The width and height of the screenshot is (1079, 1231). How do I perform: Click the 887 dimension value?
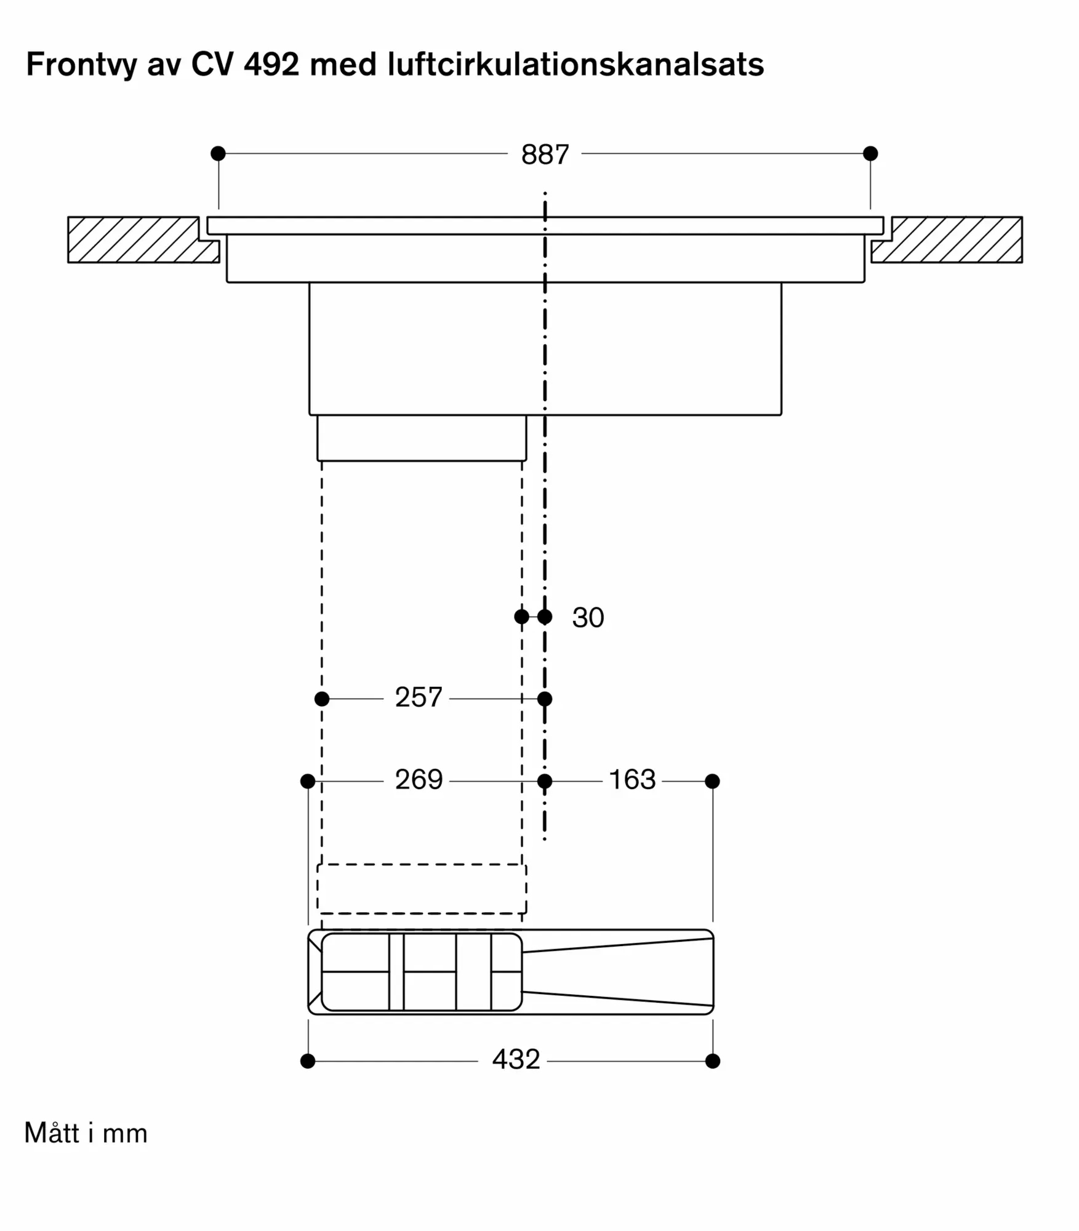click(545, 154)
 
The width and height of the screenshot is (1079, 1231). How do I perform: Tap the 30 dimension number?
click(588, 617)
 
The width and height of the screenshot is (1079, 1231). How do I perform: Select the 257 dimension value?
click(419, 697)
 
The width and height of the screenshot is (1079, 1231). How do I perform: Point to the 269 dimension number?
click(419, 780)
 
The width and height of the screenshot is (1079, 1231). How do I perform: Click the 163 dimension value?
click(632, 780)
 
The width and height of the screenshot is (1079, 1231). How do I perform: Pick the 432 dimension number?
click(516, 1059)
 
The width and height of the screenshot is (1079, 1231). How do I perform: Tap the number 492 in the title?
click(271, 64)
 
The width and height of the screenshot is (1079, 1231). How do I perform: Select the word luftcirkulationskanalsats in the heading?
click(576, 64)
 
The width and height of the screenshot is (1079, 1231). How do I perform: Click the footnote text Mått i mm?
click(86, 1133)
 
